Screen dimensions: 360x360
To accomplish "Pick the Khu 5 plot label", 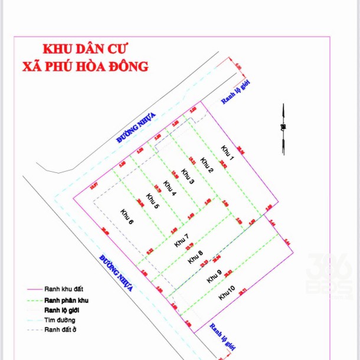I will pos(152,201).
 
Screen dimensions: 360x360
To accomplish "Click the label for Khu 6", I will pos(126,217).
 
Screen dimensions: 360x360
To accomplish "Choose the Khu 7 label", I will pos(182,241).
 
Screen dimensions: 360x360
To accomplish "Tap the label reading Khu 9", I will pos(214,277).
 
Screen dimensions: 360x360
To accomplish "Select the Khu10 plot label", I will pos(227,292).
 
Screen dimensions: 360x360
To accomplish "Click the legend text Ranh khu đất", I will pos(64,289).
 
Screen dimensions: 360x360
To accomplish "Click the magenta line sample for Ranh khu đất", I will pos(33,289).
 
